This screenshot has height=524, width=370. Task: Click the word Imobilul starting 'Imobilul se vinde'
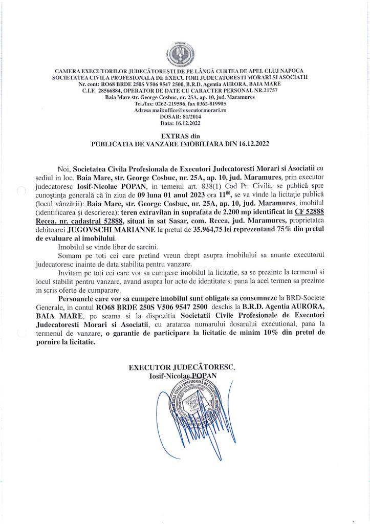pos(75,246)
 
